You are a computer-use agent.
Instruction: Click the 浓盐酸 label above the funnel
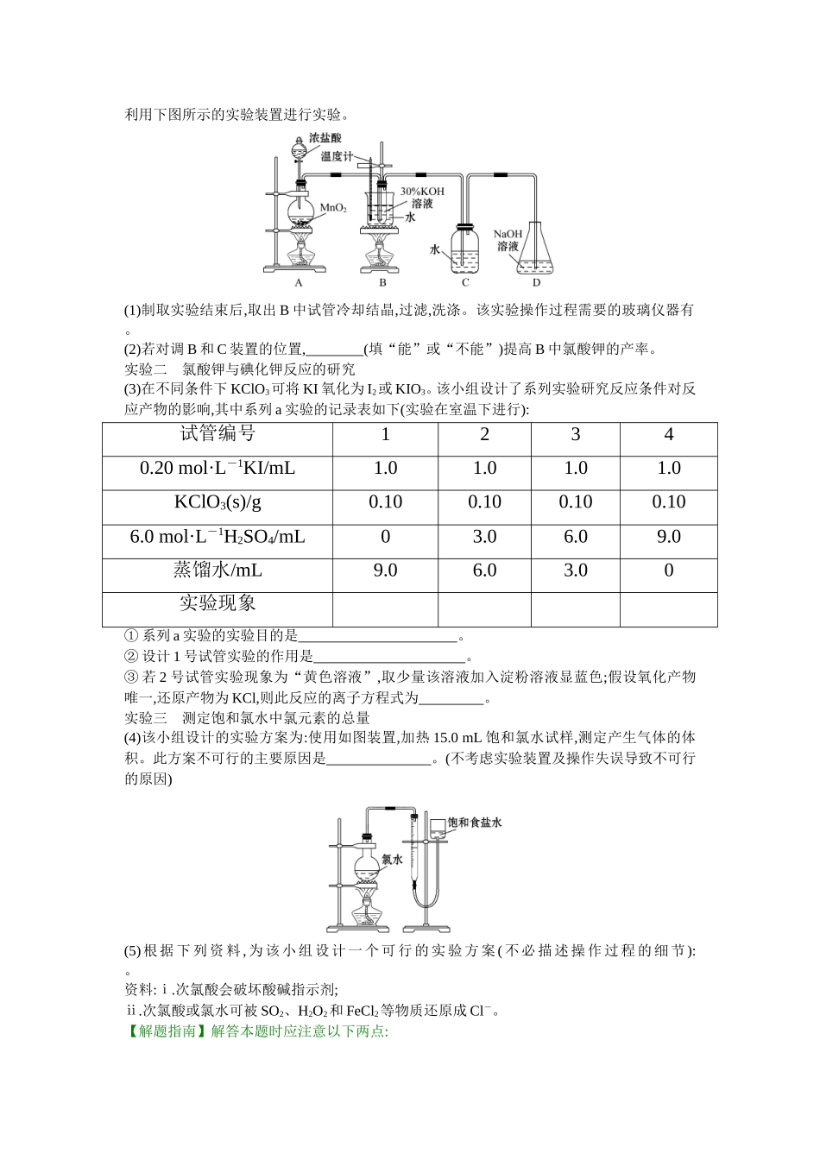325,138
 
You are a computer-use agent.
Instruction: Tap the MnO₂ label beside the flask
334,208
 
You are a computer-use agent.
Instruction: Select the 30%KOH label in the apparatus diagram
421,191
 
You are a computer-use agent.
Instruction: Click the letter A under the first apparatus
298,282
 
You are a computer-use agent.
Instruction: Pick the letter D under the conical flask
536,282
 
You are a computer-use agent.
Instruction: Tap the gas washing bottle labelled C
465,250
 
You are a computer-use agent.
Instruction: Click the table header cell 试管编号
218,434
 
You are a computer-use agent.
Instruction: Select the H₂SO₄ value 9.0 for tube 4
668,537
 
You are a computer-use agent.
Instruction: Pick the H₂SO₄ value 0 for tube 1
385,537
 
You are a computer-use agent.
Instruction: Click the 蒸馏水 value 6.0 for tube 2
484,571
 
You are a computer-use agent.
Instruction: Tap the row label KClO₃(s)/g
218,502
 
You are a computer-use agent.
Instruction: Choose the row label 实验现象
218,603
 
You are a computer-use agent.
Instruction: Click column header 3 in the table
576,434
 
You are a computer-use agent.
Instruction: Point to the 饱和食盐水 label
475,823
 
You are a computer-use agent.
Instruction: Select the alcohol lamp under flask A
299,256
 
